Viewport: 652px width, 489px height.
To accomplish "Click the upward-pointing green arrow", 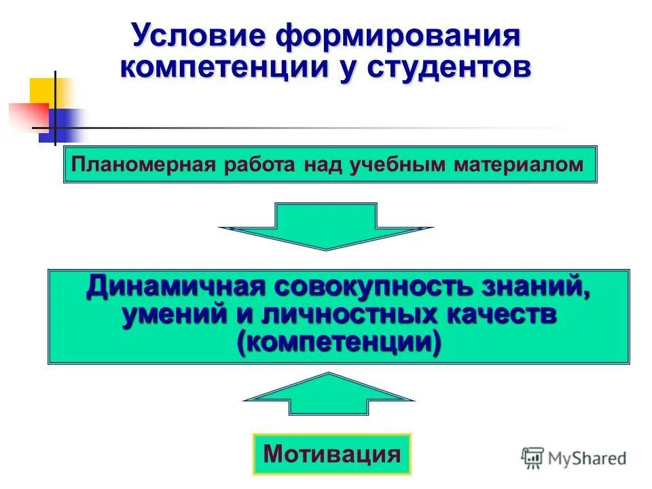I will click(x=328, y=394).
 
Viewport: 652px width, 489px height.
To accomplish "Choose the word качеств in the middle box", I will click(x=503, y=314).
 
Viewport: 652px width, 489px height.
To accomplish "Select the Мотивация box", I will click(x=332, y=454).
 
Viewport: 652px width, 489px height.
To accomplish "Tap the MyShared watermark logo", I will click(x=574, y=458).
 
